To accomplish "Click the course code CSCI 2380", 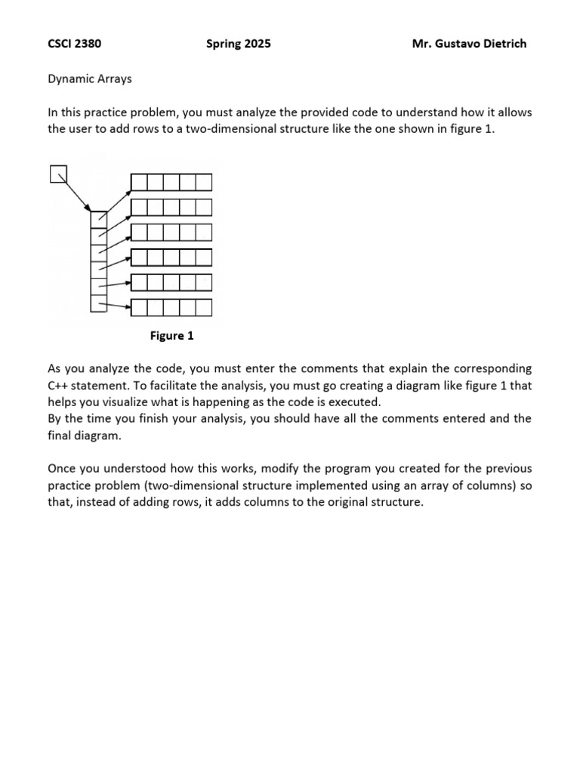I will click(x=75, y=44).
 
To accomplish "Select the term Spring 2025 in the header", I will click(x=238, y=44).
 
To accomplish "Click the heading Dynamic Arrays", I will click(x=90, y=78).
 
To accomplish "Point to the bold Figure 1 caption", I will click(x=171, y=336).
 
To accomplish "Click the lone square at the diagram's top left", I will click(x=58, y=174).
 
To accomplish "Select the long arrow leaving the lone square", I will click(x=76, y=193).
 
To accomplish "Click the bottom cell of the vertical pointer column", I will click(x=98, y=303).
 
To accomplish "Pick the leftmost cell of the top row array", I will click(x=139, y=182).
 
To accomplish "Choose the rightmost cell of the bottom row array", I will click(x=203, y=307).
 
